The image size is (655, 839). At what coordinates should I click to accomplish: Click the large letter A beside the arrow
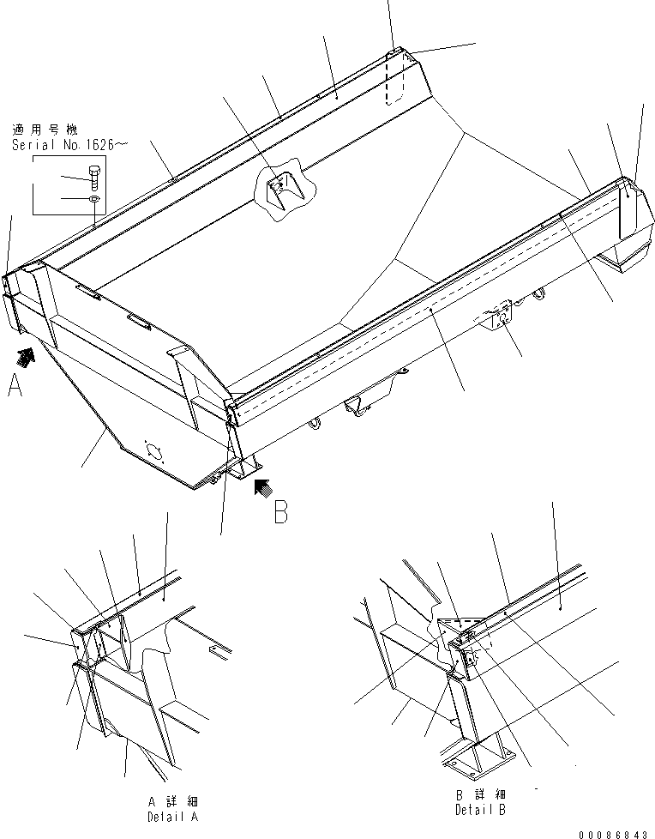15,389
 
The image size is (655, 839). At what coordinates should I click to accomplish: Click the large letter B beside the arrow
280,512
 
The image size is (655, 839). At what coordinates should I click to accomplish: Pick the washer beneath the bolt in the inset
93,200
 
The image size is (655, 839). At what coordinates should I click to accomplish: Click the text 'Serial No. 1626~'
69,145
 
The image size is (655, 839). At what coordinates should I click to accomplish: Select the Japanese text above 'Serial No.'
44,130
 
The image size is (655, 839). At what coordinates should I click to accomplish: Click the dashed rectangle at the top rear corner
394,80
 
